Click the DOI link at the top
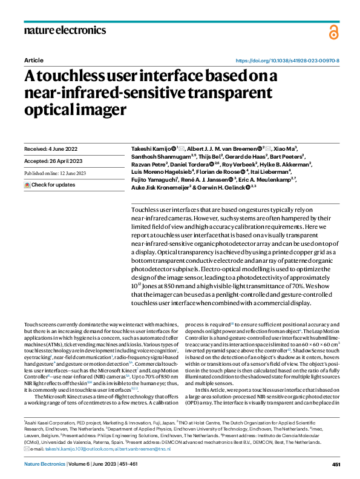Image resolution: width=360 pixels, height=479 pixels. [287, 61]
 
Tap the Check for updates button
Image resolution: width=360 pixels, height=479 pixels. [51, 184]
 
